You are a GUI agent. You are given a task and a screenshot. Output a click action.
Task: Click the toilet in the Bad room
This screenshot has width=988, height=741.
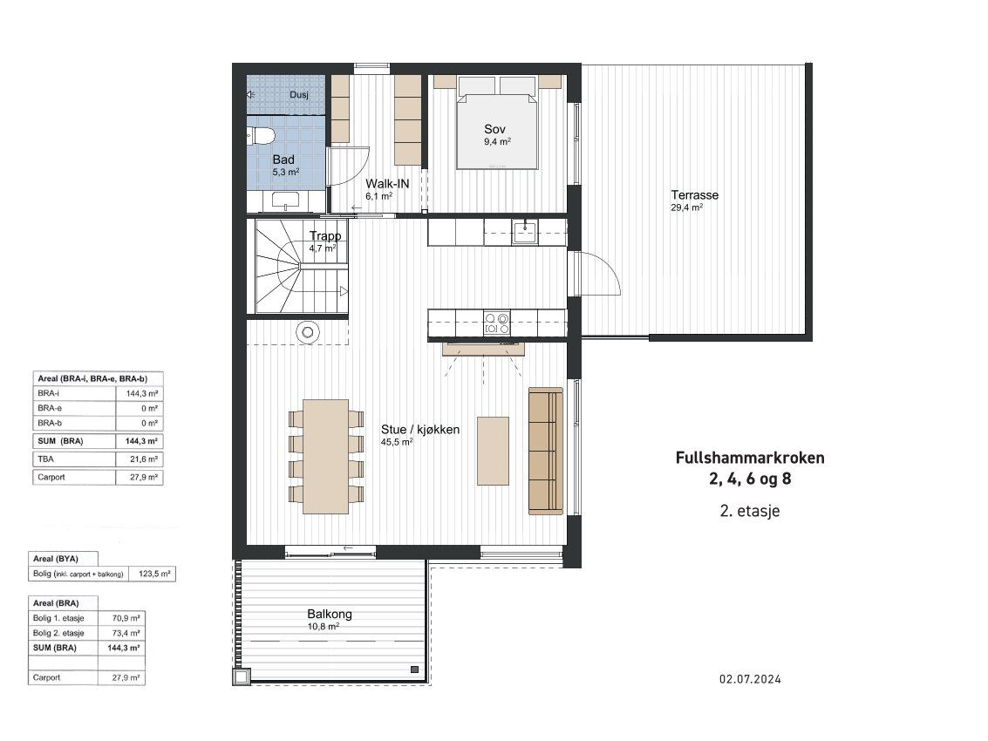click(261, 136)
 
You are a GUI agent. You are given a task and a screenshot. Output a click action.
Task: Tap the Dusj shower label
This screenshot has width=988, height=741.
click(299, 95)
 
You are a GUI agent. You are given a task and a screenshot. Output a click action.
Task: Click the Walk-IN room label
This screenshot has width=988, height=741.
click(387, 184)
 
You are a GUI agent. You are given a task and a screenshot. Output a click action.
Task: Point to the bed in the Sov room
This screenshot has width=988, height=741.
click(498, 123)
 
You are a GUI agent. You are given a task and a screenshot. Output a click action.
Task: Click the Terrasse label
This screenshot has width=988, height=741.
click(694, 195)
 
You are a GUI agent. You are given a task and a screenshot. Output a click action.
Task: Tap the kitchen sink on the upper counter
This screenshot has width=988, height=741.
click(524, 232)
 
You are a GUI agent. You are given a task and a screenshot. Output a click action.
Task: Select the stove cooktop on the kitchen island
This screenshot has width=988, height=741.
click(497, 323)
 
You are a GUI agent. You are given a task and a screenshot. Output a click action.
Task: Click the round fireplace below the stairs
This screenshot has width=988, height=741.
click(308, 332)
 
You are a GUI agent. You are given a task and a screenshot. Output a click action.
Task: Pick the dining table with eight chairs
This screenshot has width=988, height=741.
click(326, 456)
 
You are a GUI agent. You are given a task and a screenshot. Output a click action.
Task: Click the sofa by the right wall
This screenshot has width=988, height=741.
click(546, 451)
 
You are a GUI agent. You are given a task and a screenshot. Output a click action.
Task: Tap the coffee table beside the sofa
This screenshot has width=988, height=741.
click(493, 451)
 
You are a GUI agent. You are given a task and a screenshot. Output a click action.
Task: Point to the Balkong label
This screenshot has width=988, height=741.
click(330, 614)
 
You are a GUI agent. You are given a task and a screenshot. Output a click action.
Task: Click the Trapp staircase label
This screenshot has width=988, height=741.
click(325, 235)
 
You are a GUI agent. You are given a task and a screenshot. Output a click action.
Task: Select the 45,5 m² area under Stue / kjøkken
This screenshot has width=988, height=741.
click(397, 442)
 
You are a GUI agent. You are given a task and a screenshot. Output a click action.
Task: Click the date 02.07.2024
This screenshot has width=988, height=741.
click(750, 678)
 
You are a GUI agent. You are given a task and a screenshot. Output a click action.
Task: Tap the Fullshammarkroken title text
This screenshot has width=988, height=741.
click(750, 458)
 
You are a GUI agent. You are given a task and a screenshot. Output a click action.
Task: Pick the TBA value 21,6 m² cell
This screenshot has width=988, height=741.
click(140, 459)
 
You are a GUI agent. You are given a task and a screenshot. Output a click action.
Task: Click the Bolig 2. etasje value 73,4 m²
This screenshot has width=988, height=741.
click(121, 633)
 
